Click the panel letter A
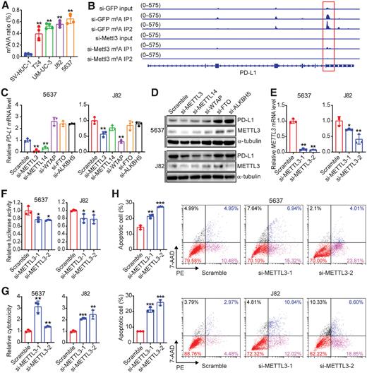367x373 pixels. click(4, 6)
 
